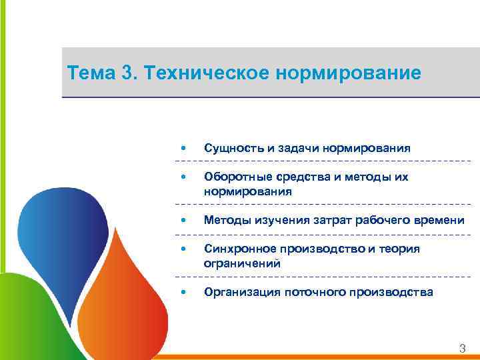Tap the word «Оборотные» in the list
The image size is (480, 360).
(236, 177)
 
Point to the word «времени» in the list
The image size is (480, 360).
(438, 220)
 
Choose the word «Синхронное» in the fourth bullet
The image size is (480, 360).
(239, 249)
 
